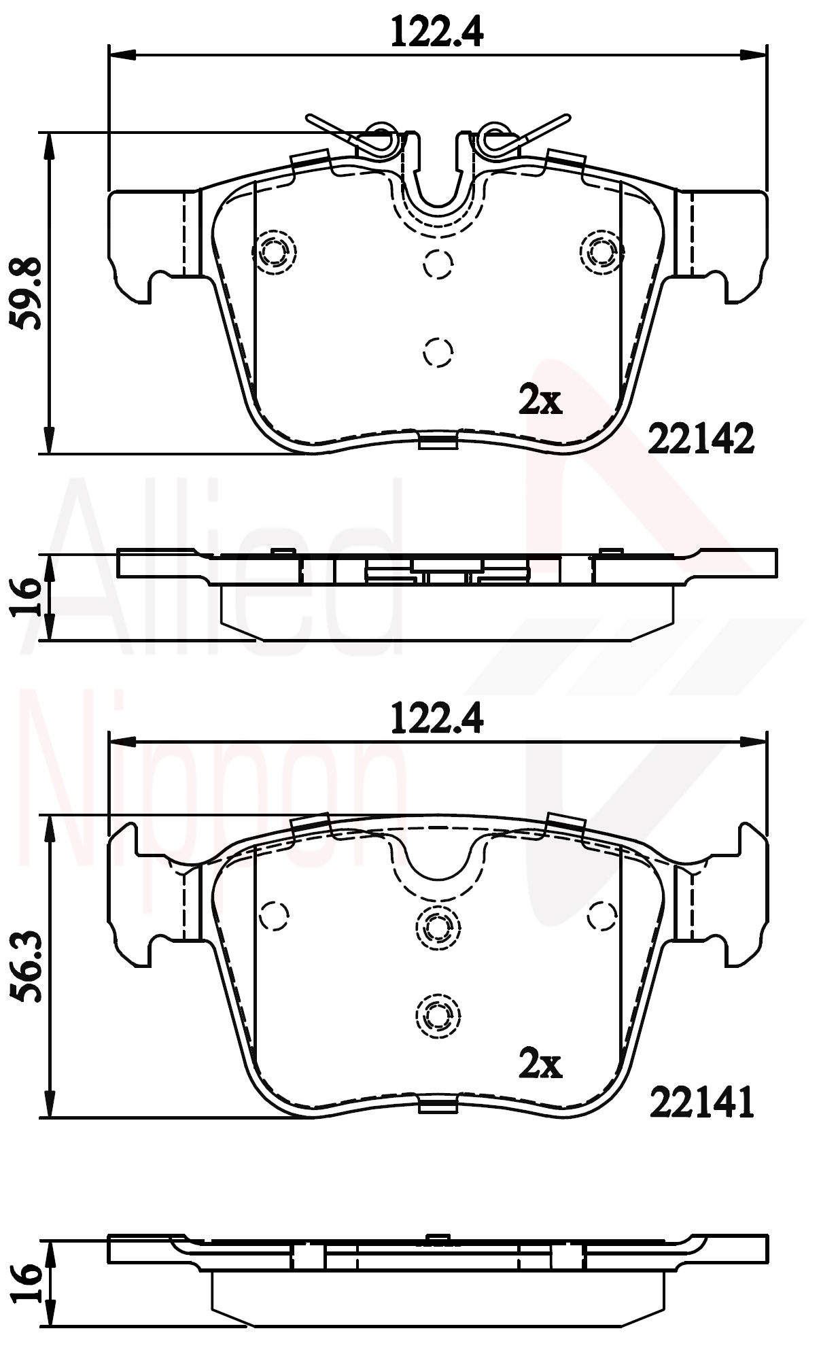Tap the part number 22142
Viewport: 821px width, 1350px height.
701,438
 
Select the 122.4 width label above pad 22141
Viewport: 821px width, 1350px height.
437,718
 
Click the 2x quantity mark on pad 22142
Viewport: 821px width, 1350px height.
540,400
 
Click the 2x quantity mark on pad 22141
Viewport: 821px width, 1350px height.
540,1064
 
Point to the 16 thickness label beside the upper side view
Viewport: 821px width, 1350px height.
28,597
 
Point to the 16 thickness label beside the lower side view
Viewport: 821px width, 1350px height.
28,1283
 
